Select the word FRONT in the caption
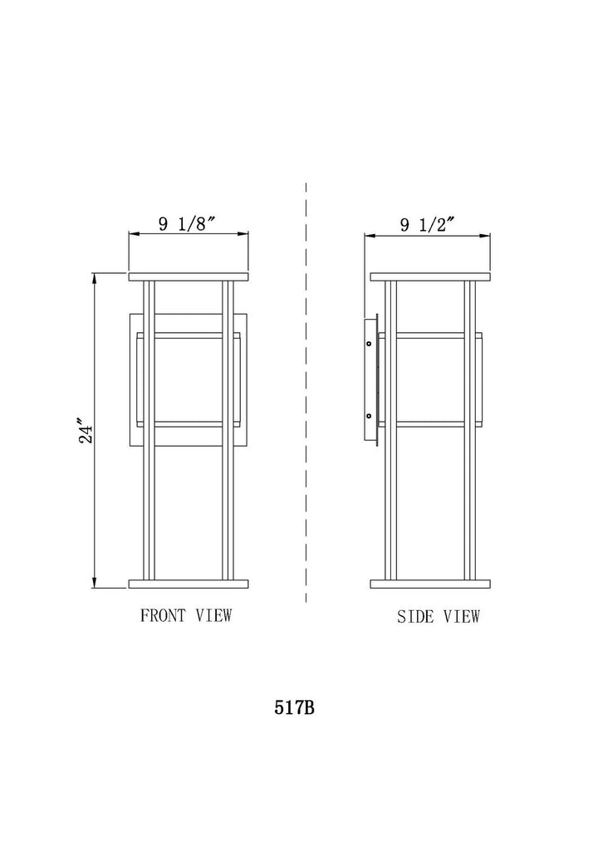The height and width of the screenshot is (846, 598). coord(163,615)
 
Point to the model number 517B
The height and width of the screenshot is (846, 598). coord(294,707)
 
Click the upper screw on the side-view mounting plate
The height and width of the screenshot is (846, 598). coord(369,343)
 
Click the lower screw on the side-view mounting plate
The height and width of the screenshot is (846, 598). coord(369,416)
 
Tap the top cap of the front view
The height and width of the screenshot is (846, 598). coord(189,277)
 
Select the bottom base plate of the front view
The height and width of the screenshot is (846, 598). coord(189,584)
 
